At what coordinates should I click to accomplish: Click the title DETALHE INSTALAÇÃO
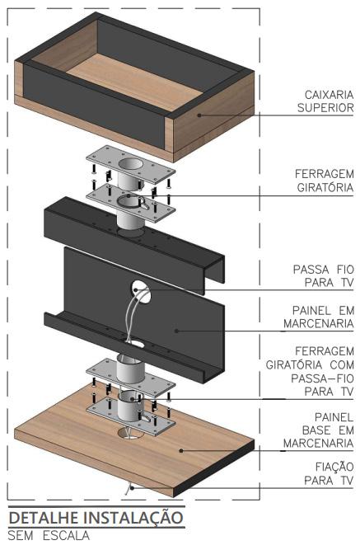96,518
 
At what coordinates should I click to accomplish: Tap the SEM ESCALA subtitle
49,535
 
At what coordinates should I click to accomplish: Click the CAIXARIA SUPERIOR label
325,101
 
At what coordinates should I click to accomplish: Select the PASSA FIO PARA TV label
323,276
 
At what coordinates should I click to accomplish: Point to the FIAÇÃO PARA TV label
329,473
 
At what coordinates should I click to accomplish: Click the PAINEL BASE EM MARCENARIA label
318,430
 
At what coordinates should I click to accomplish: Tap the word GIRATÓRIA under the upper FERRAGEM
325,188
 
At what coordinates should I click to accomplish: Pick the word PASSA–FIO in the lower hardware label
322,378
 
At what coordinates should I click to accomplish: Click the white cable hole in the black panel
142,290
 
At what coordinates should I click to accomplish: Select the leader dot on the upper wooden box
199,115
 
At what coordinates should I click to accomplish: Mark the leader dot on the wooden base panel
181,451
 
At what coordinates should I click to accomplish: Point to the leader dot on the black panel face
176,331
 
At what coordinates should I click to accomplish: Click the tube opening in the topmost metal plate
130,163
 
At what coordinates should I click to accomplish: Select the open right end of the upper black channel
214,268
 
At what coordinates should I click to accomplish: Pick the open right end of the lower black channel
213,369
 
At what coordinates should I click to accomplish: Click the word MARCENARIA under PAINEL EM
318,324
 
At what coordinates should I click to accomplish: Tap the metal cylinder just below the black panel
130,369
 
